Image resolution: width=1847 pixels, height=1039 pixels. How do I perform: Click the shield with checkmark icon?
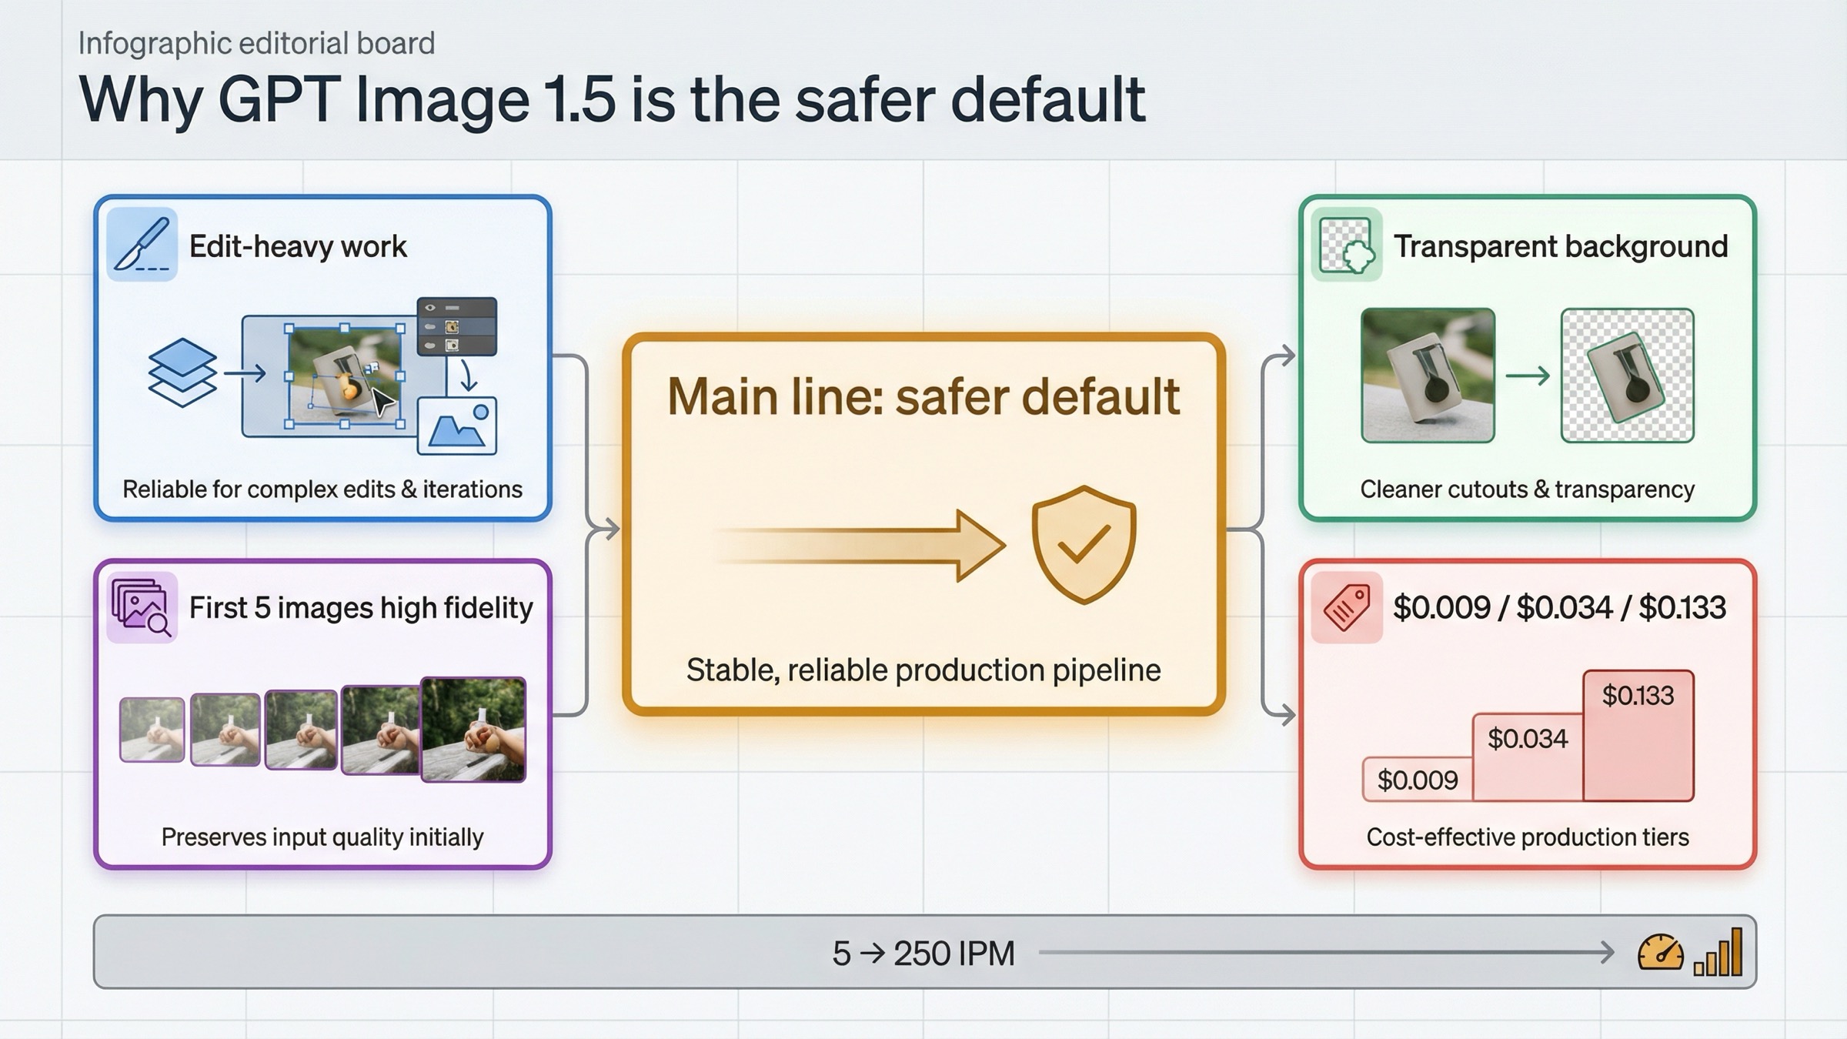(x=1084, y=544)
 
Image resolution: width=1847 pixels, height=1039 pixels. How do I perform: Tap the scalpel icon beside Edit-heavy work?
(x=142, y=244)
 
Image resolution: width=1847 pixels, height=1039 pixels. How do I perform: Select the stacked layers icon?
(x=182, y=373)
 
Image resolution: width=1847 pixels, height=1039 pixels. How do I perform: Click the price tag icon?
(x=1347, y=607)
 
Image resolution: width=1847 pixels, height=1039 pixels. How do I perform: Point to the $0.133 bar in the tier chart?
(x=1638, y=735)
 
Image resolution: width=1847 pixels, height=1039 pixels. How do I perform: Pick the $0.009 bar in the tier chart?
(x=1418, y=780)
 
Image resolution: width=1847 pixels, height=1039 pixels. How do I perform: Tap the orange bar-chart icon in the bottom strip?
(x=1718, y=953)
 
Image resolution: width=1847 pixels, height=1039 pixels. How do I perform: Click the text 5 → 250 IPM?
(x=923, y=954)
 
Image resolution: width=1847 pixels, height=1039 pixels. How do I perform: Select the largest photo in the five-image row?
(x=473, y=729)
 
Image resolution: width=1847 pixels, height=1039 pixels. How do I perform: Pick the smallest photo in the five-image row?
(x=152, y=730)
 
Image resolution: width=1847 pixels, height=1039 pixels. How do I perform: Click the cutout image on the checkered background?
(x=1627, y=376)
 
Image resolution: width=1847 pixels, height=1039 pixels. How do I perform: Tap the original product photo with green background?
(x=1428, y=376)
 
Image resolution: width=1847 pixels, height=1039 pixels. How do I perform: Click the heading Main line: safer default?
(x=923, y=397)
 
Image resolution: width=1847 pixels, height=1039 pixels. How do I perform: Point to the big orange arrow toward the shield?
(x=862, y=545)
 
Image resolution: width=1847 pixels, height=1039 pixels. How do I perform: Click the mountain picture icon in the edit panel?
(x=457, y=426)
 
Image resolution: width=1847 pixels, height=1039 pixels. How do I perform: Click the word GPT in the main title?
(x=279, y=100)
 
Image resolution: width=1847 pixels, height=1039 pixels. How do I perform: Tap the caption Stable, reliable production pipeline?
(x=923, y=670)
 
